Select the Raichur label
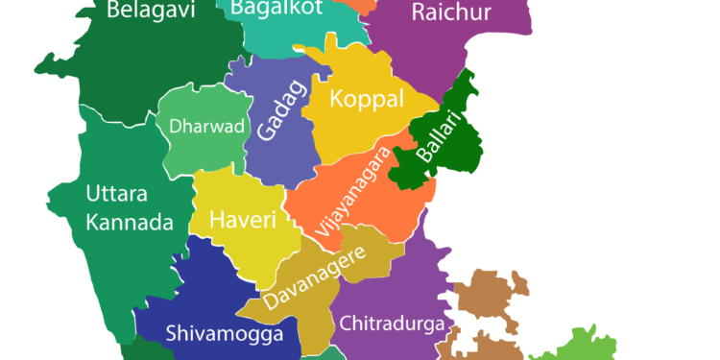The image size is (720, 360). pyautogui.click(x=450, y=12)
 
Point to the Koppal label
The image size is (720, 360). pyautogui.click(x=362, y=98)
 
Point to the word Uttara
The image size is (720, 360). pyautogui.click(x=116, y=193)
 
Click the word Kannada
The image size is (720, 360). pyautogui.click(x=129, y=223)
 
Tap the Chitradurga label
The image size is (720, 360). pyautogui.click(x=392, y=322)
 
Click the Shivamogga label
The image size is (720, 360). pyautogui.click(x=224, y=334)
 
